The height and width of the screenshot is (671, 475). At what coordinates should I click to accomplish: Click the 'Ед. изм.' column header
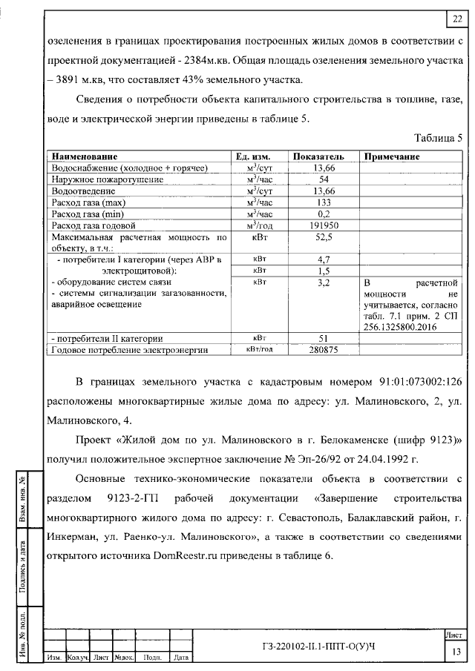coord(252,157)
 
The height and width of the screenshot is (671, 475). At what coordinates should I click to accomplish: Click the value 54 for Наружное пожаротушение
coord(324,179)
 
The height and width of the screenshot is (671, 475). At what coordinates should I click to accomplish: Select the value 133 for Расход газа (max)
coord(324,202)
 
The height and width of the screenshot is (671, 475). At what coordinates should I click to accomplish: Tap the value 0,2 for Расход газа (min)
coord(324,214)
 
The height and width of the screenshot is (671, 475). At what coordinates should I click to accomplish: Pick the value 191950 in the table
coord(324,225)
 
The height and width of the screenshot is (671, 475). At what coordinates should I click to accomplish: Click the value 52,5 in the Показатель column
coord(324,238)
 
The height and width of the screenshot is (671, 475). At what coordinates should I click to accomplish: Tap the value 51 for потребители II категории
coord(324,338)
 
